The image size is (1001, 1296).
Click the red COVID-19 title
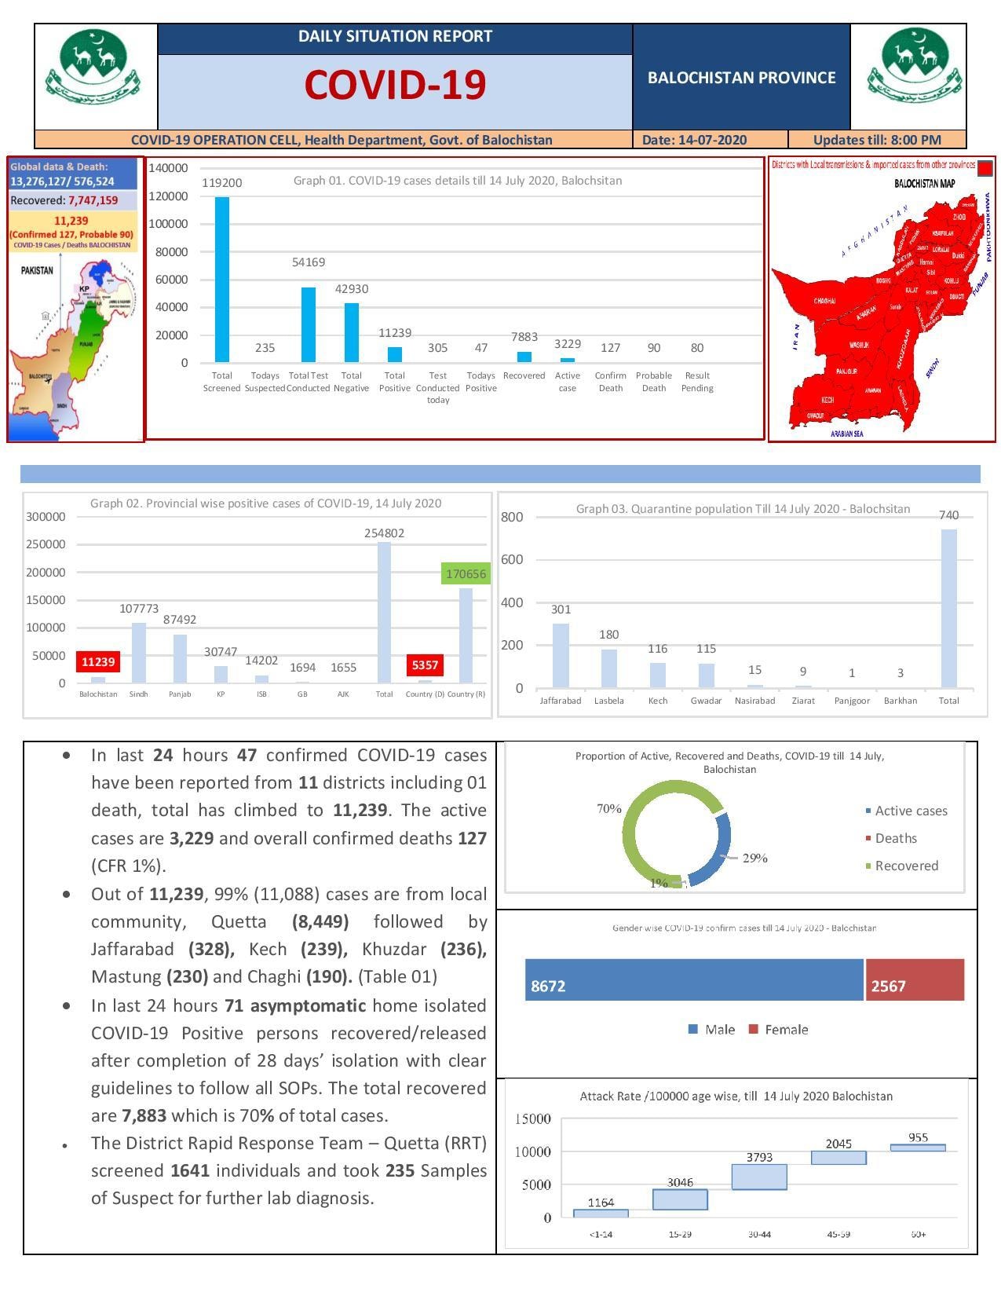tap(395, 85)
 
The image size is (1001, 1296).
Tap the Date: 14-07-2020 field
tap(694, 140)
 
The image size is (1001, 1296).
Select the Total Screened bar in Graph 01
tap(222, 279)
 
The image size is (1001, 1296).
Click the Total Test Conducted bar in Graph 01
tap(309, 324)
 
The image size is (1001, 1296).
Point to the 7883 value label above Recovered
tap(524, 337)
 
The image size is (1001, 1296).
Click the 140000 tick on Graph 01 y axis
tap(168, 168)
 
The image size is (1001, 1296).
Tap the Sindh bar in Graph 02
tap(139, 652)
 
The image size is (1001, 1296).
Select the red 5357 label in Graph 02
tap(425, 664)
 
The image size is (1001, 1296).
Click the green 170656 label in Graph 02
tap(466, 573)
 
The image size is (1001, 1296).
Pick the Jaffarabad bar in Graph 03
tap(561, 656)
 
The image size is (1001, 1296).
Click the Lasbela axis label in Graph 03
tap(609, 701)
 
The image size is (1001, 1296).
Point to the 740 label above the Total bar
tap(948, 515)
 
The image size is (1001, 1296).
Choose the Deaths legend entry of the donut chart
tap(895, 838)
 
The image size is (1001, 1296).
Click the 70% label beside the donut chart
tap(609, 808)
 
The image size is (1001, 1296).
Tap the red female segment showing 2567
tap(915, 979)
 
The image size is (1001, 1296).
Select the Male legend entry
tap(712, 1030)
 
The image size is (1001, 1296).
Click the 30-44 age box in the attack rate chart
tap(759, 1177)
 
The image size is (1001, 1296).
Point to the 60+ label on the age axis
tap(918, 1234)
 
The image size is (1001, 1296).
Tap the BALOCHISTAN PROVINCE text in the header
tap(741, 78)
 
